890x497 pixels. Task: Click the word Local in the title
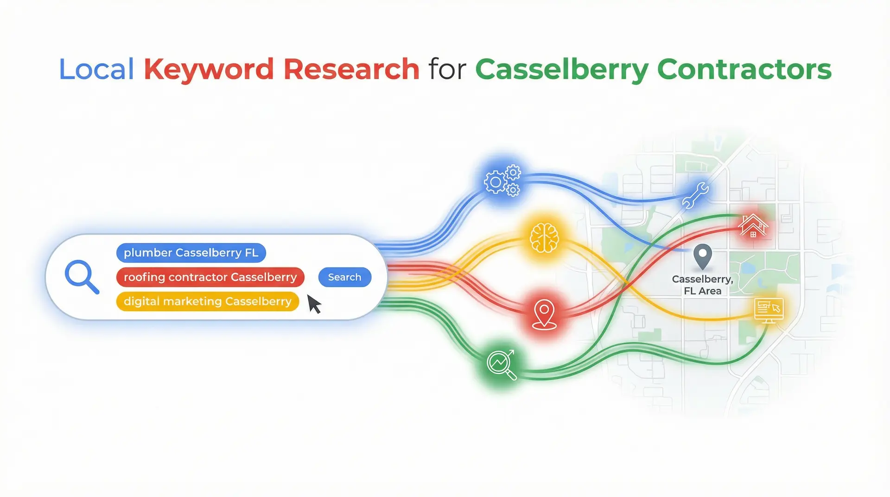96,70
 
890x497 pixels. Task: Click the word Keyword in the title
209,70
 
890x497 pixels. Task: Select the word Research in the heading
351,70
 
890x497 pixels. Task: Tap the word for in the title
447,70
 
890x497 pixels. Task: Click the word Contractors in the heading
744,70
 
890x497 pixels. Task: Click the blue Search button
344,277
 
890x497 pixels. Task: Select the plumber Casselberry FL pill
191,253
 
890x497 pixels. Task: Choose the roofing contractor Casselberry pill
210,277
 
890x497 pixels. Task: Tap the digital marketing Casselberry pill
207,301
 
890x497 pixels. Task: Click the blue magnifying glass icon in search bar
82,277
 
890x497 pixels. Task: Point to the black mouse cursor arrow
314,305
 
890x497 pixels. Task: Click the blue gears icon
502,181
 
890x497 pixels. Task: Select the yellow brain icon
544,238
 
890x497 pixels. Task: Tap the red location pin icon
544,314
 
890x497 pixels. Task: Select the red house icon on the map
753,226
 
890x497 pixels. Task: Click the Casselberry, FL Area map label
702,285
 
